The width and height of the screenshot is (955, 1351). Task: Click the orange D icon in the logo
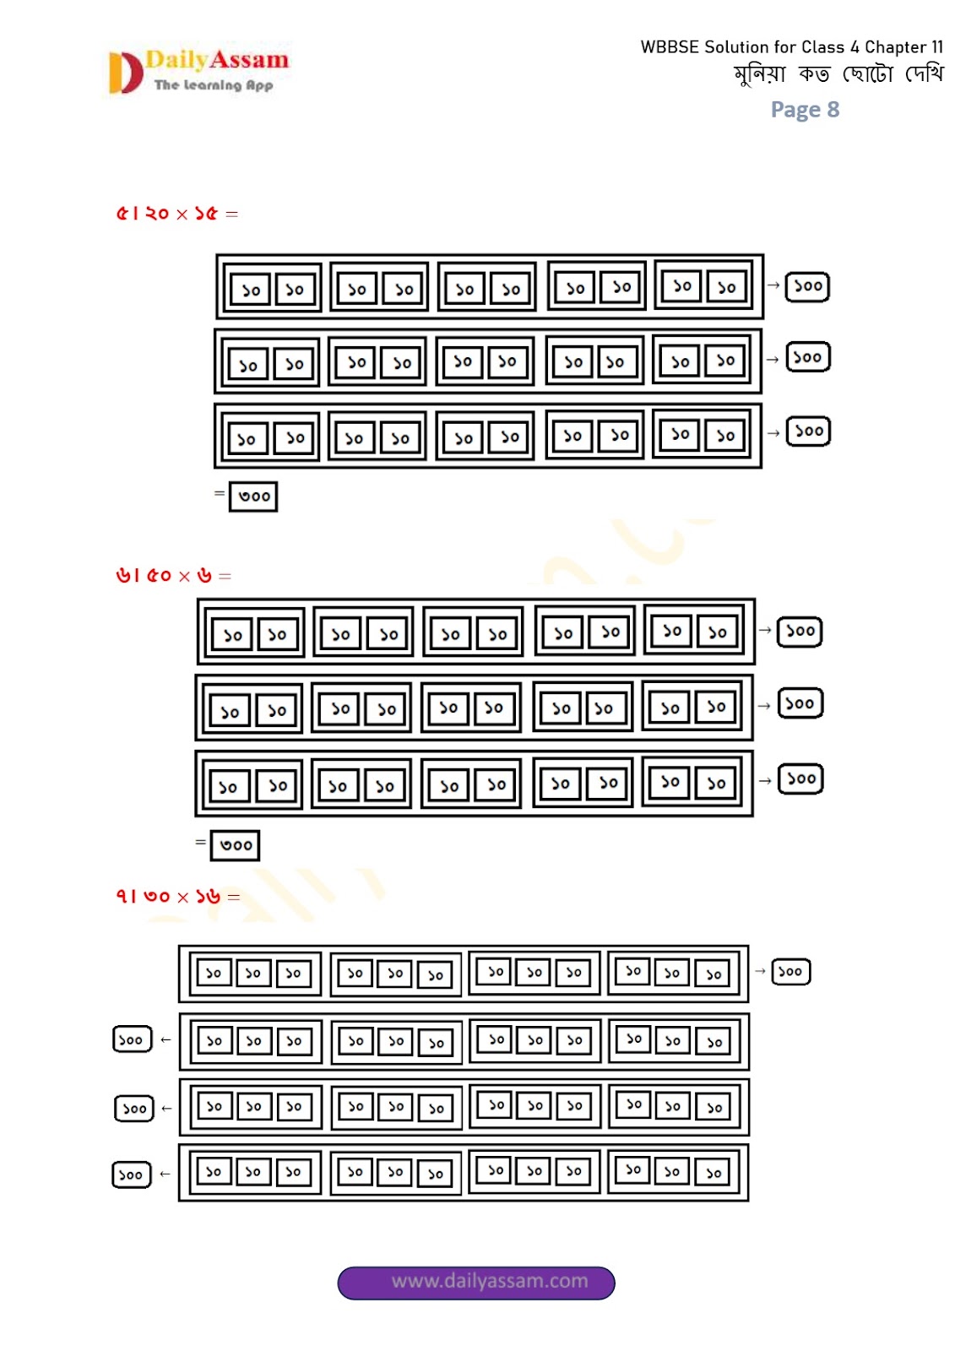pos(125,73)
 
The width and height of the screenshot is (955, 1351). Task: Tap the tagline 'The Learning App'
pos(214,84)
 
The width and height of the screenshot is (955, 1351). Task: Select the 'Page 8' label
pos(805,110)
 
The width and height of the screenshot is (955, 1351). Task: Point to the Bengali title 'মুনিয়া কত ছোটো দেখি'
pos(838,75)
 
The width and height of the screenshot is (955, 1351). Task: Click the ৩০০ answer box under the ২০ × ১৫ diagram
pos(253,496)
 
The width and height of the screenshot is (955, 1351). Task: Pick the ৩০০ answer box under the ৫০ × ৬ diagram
pos(235,845)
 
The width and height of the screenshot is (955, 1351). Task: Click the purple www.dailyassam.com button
pos(476,1282)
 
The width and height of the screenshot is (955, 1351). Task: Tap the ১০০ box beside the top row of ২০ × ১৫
pos(807,286)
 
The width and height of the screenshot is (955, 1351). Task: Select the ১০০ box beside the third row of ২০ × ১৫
pos(808,431)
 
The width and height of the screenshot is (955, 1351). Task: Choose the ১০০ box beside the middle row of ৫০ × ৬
pos(800,703)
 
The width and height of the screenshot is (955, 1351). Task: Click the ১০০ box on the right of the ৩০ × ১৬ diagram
pos(790,972)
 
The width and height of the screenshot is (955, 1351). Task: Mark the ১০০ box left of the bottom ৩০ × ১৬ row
pos(132,1175)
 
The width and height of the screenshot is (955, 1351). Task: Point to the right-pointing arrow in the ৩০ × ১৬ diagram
pos(760,972)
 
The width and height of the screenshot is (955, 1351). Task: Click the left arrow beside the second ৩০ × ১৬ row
pos(165,1039)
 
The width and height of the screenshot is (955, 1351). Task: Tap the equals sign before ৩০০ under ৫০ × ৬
pos(200,842)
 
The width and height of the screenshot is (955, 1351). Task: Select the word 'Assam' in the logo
pos(250,60)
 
